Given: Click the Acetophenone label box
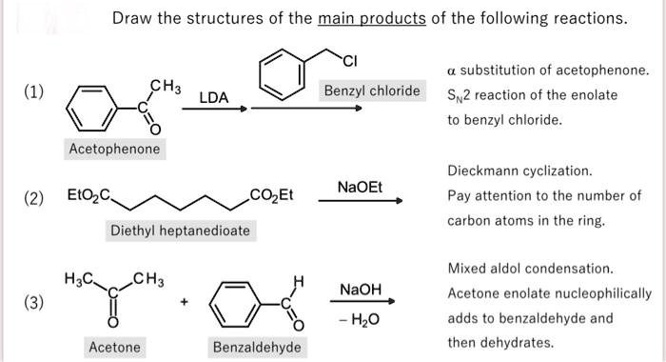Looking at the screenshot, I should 114,150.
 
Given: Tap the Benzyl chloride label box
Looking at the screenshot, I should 371,91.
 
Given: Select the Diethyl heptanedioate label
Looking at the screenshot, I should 180,231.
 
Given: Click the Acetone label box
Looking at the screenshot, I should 114,347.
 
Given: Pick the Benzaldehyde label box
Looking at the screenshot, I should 257,347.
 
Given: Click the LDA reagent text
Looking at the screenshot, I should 214,97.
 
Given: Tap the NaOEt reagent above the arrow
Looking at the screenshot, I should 360,187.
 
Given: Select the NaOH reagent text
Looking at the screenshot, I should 360,289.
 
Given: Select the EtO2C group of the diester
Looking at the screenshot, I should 88,197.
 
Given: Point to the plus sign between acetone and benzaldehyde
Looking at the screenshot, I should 185,302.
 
